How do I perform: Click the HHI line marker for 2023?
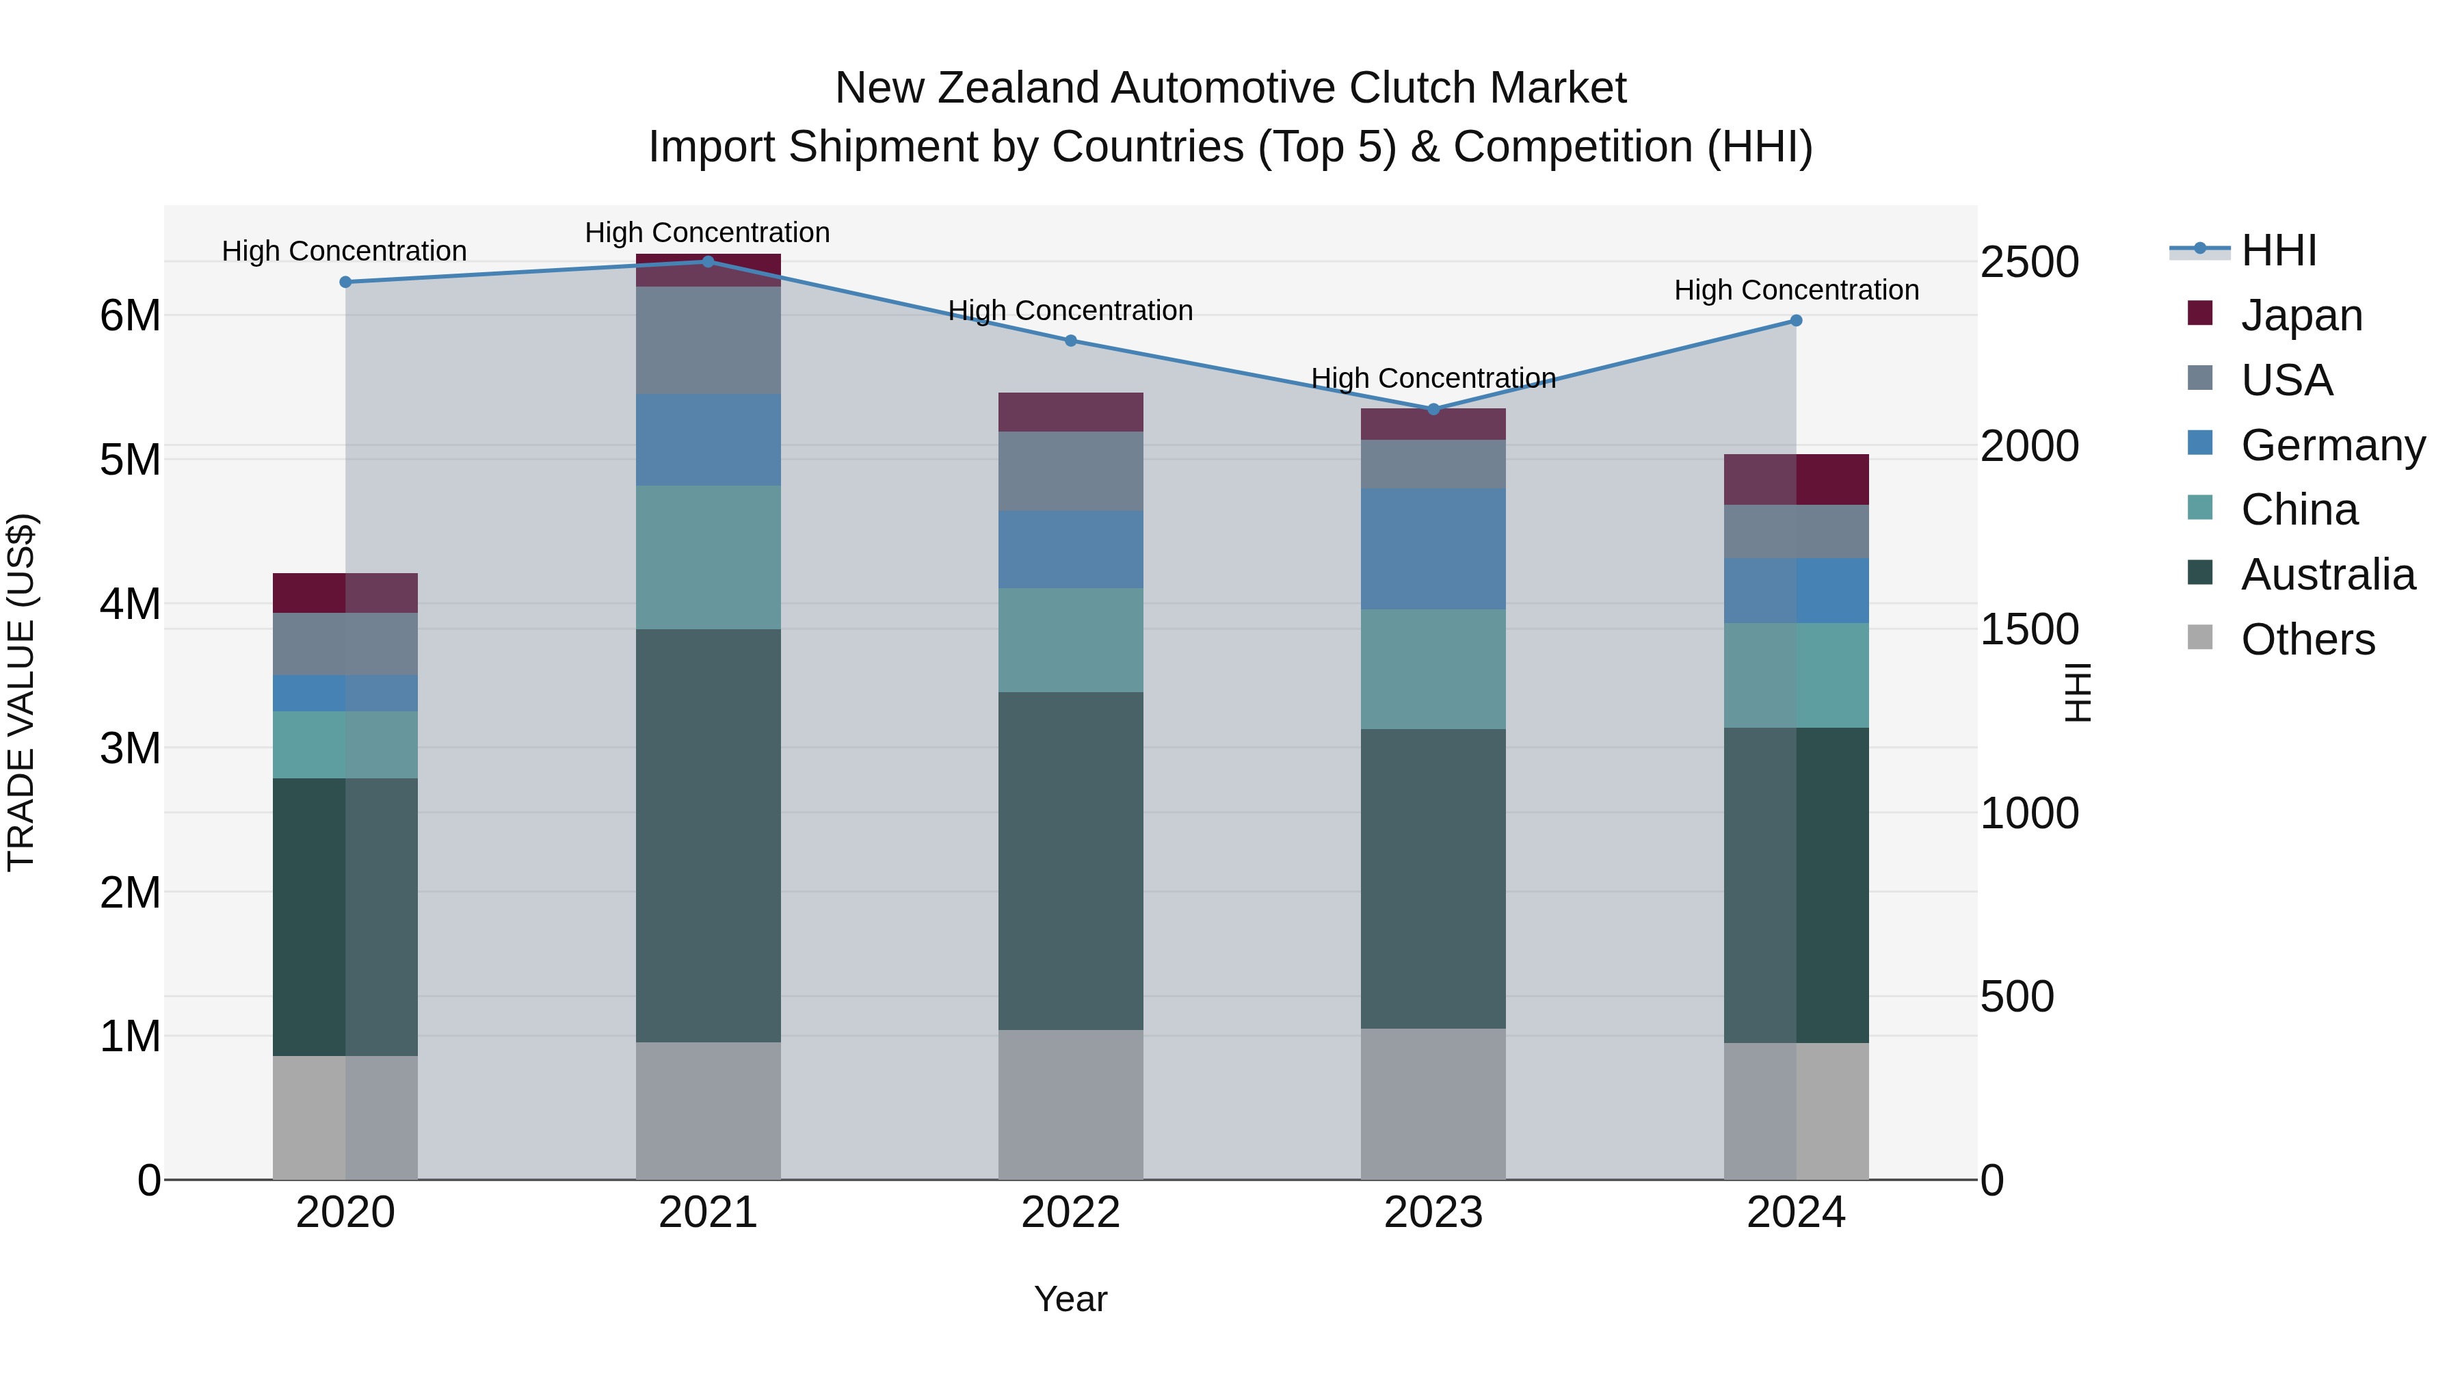pyautogui.click(x=1433, y=409)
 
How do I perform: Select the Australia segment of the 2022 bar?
pyautogui.click(x=1070, y=860)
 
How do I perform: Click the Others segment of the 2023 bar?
pyautogui.click(x=1433, y=1104)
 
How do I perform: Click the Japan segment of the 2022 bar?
pyautogui.click(x=1070, y=412)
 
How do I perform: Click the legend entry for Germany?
pyautogui.click(x=2332, y=445)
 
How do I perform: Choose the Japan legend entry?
pyautogui.click(x=2301, y=315)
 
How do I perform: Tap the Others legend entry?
pyautogui.click(x=2307, y=639)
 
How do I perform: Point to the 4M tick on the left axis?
pyautogui.click(x=130, y=604)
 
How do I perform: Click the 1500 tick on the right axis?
pyautogui.click(x=2029, y=630)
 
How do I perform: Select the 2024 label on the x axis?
pyautogui.click(x=1796, y=1213)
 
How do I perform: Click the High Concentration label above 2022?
pyautogui.click(x=1070, y=311)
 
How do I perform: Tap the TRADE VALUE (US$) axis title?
pyautogui.click(x=21, y=692)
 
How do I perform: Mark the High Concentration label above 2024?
pyautogui.click(x=1796, y=289)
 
